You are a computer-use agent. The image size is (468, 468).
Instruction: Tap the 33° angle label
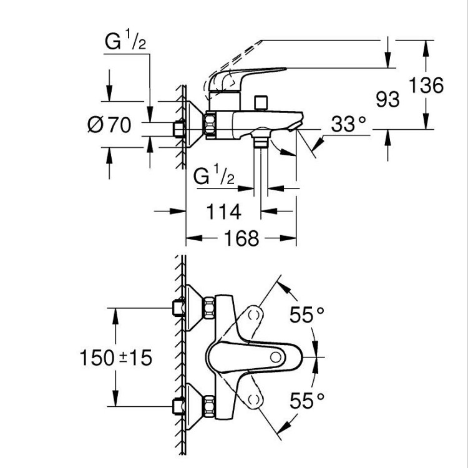348,124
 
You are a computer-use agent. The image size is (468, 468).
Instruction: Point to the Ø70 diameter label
109,125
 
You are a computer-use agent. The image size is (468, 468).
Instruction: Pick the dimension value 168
241,238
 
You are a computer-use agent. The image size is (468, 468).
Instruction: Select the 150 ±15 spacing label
115,358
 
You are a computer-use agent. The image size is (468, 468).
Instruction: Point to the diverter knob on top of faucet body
261,101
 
